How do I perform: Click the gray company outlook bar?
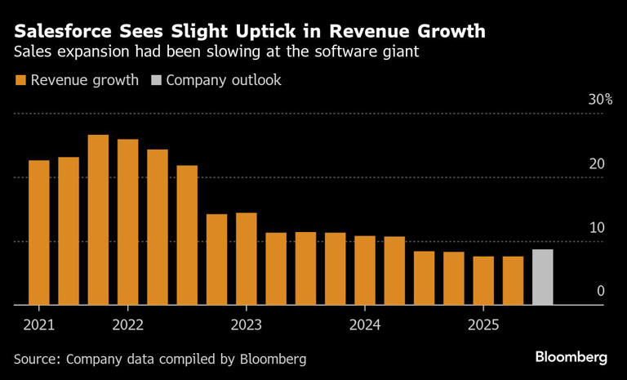tap(542, 277)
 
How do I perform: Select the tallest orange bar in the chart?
tap(98, 220)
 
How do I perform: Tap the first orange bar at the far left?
tap(39, 233)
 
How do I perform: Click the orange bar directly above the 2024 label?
tap(364, 270)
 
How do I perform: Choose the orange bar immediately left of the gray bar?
tap(513, 280)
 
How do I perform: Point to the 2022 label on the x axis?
tap(128, 324)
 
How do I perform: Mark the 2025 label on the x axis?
tap(482, 324)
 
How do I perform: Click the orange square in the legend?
tap(20, 80)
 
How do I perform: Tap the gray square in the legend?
tap(157, 80)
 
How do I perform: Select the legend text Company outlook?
tap(224, 80)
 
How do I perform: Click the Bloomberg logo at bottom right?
tap(571, 357)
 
